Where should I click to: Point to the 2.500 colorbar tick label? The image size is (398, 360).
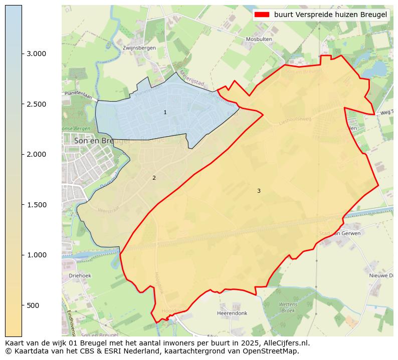click(36, 104)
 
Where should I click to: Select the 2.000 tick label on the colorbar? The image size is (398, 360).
click(36, 154)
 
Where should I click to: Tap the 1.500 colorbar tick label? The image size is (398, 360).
click(36, 205)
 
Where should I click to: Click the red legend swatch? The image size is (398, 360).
click(262, 15)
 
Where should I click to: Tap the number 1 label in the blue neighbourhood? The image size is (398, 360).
click(165, 112)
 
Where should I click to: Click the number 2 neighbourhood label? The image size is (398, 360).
click(154, 178)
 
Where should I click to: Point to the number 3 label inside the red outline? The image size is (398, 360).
click(259, 191)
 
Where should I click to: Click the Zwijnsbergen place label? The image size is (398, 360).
click(139, 48)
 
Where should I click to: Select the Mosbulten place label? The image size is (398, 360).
click(259, 39)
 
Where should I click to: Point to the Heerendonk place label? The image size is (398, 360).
click(232, 313)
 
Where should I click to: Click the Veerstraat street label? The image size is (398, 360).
click(108, 210)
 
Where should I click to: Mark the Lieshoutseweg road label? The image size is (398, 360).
click(295, 119)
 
